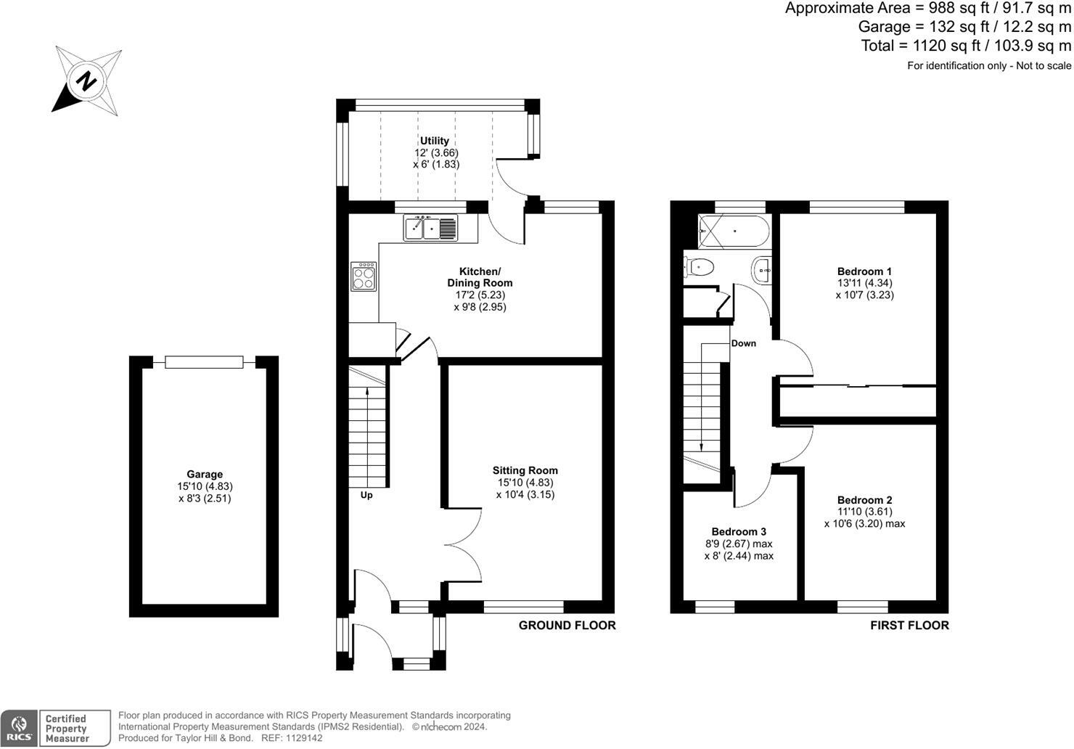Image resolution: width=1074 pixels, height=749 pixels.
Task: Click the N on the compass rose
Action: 87,81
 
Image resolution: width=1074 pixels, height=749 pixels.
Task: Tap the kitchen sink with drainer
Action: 430,227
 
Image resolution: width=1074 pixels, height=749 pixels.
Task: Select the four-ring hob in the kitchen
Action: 364,277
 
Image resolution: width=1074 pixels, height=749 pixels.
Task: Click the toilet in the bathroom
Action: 699,266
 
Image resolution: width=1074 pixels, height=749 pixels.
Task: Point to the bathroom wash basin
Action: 762,271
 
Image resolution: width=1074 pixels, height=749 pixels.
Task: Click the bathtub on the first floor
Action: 734,231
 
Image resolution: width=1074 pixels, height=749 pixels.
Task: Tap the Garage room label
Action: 205,474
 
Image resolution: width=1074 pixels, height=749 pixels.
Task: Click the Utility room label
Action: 435,141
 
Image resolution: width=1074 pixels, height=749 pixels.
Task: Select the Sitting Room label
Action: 525,470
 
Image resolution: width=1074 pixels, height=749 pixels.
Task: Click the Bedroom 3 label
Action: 739,531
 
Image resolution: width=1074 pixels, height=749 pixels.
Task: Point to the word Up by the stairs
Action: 366,495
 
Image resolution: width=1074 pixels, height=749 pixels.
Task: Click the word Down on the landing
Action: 744,343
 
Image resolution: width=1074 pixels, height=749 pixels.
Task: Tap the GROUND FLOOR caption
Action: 567,626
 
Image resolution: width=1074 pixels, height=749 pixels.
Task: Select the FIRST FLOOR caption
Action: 909,626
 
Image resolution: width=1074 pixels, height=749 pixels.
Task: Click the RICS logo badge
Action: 19,729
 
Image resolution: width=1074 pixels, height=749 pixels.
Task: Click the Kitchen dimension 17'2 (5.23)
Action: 480,295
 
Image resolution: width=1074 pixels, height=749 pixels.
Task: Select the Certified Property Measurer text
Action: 67,729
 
